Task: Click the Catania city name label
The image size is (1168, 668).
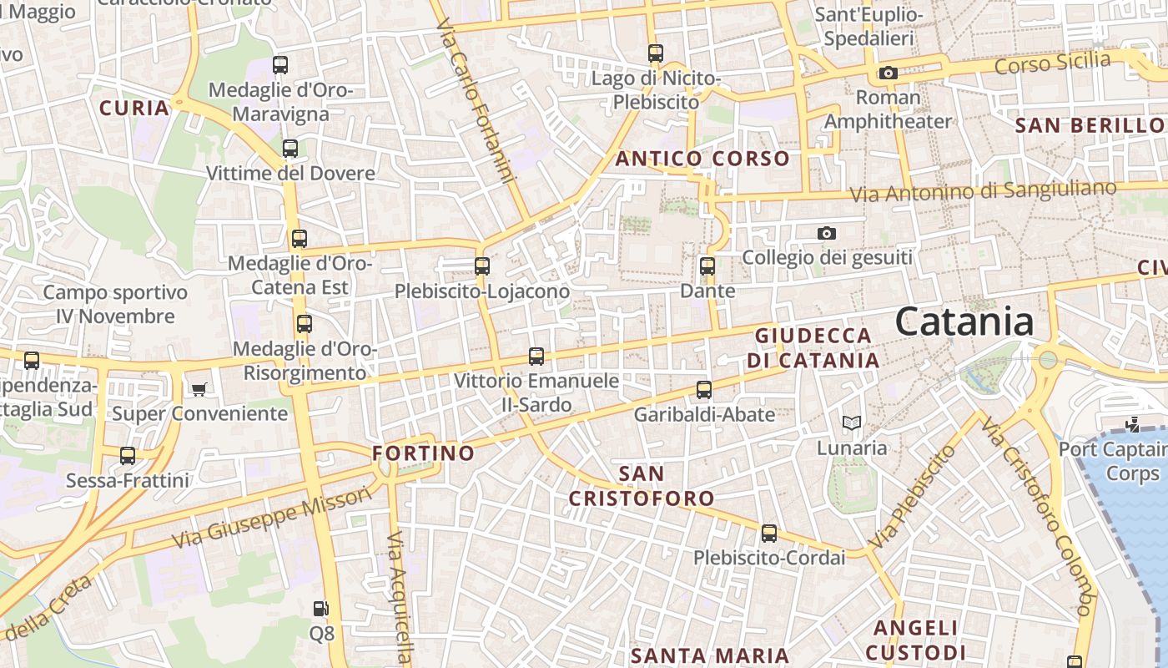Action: pos(964,322)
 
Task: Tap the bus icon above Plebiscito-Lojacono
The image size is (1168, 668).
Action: pos(481,266)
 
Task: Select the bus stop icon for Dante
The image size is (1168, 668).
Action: pos(707,266)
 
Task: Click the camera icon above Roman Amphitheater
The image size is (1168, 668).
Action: pos(888,73)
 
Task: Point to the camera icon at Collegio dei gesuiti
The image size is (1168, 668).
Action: pos(826,233)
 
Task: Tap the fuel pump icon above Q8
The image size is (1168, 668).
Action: pos(321,609)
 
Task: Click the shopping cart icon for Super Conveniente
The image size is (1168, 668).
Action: pos(199,389)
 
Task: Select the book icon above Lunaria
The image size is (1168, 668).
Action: pos(851,423)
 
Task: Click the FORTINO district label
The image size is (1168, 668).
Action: pos(423,453)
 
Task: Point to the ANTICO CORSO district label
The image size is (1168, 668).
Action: pos(702,159)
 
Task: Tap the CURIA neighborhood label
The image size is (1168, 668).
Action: pos(134,108)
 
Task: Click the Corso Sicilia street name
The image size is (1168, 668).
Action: pos(1053,63)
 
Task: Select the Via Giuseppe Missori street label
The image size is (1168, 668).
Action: pos(271,518)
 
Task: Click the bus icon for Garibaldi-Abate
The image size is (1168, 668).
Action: pos(704,390)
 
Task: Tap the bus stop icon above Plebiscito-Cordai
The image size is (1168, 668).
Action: pos(768,533)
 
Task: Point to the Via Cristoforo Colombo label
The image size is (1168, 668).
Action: pos(1035,517)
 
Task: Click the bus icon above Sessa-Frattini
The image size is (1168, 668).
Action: pos(128,456)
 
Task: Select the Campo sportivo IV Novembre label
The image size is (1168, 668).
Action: pos(115,305)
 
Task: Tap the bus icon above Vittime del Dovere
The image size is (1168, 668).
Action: pos(289,149)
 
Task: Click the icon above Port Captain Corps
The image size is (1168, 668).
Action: pos(1132,425)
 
